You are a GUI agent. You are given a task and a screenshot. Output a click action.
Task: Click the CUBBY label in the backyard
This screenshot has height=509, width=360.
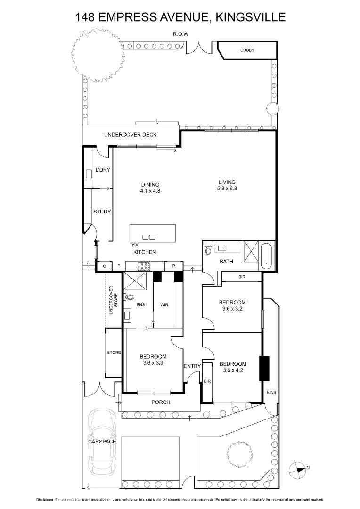(x=247, y=50)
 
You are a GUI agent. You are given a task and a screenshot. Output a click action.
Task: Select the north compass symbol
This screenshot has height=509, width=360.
(x=298, y=468)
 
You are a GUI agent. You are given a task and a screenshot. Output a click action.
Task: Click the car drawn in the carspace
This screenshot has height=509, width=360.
(x=102, y=442)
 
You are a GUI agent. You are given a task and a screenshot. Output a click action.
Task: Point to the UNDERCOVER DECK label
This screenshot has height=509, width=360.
(x=130, y=135)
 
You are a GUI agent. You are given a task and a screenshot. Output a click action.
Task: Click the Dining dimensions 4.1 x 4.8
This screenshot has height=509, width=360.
(x=150, y=191)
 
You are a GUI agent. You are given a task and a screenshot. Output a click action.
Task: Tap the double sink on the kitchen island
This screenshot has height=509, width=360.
(x=149, y=237)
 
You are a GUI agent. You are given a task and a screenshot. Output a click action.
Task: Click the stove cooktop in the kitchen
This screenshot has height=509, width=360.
(x=143, y=267)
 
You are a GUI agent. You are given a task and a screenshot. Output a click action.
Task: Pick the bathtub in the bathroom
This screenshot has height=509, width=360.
(x=267, y=256)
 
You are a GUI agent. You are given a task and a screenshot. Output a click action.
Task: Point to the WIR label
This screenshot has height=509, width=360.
(x=164, y=304)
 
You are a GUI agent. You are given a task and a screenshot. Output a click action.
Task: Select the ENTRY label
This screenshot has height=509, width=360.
(x=192, y=366)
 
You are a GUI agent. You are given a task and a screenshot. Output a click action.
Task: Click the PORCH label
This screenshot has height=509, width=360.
(x=160, y=402)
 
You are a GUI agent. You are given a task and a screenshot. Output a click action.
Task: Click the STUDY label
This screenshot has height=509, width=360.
(x=102, y=212)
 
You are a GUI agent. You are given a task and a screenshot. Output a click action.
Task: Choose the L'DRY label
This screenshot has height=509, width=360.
(x=102, y=170)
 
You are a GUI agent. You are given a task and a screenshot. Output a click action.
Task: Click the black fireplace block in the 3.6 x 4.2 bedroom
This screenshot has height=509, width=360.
(x=264, y=369)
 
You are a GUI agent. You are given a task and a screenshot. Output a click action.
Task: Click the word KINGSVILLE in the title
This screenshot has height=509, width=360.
(x=250, y=17)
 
